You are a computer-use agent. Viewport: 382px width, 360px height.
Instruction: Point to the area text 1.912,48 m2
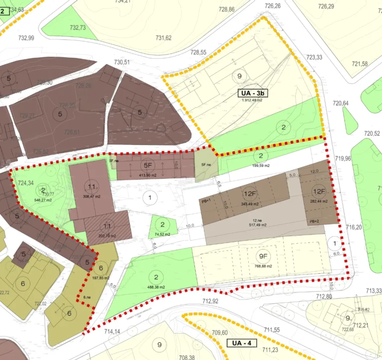pyautogui.click(x=252, y=100)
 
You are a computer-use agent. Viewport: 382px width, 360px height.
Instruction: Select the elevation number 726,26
pyautogui.click(x=273, y=6)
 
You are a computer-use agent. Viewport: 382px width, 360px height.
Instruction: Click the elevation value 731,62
pyautogui.click(x=164, y=38)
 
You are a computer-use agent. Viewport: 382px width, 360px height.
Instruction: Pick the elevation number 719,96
pyautogui.click(x=343, y=159)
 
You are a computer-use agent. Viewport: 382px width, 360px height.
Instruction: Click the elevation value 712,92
pyautogui.click(x=211, y=301)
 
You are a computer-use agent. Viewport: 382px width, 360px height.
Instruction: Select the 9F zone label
pyautogui.click(x=264, y=256)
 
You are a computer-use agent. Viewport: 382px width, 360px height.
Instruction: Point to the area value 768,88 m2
pyautogui.click(x=264, y=266)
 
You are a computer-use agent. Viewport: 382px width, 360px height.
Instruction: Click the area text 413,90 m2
pyautogui.click(x=148, y=175)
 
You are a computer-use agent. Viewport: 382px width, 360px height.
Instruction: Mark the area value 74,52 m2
pyautogui.click(x=162, y=234)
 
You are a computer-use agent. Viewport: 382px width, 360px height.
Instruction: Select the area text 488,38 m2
pyautogui.click(x=156, y=287)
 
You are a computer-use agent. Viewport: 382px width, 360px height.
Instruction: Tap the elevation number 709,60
pyautogui.click(x=219, y=333)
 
